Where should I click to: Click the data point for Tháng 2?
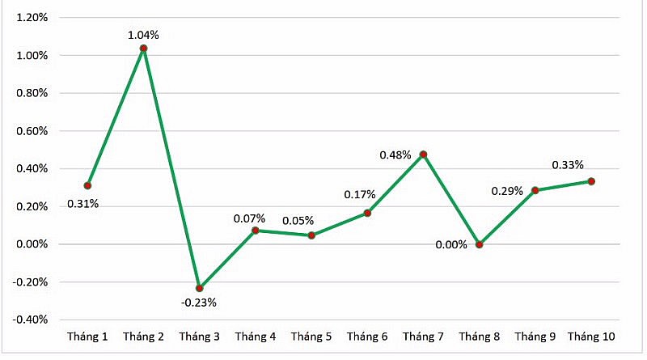click(x=143, y=49)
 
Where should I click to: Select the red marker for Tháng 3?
click(x=199, y=288)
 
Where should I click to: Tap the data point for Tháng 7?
click(x=423, y=154)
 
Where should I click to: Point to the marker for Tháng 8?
click(x=479, y=244)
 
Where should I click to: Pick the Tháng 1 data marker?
click(x=87, y=186)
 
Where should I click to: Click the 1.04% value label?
click(x=143, y=35)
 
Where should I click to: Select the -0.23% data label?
click(x=198, y=303)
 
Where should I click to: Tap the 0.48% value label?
click(x=396, y=155)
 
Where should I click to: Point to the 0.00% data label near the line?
click(x=450, y=244)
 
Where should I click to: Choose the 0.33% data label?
click(x=569, y=165)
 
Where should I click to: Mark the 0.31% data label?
click(x=82, y=204)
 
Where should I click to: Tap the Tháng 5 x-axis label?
click(x=311, y=337)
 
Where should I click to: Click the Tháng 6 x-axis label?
click(x=367, y=337)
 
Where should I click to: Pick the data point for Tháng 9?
click(x=535, y=190)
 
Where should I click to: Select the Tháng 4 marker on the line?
click(x=255, y=231)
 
